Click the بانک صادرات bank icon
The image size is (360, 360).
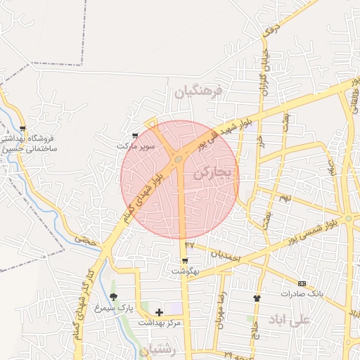pos(302,283)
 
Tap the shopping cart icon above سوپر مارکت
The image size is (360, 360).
pos(135,136)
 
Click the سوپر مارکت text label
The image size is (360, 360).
pos(135,146)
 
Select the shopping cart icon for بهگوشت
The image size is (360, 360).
pos(185,260)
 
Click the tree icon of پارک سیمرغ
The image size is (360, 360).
pos(114,297)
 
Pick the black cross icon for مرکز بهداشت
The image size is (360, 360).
pos(159,311)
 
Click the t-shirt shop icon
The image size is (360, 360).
pos(257,298)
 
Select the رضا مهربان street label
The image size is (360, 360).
pos(221,307)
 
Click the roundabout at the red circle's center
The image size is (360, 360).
pos(179,160)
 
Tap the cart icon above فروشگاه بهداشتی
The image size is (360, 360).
pos(22,129)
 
